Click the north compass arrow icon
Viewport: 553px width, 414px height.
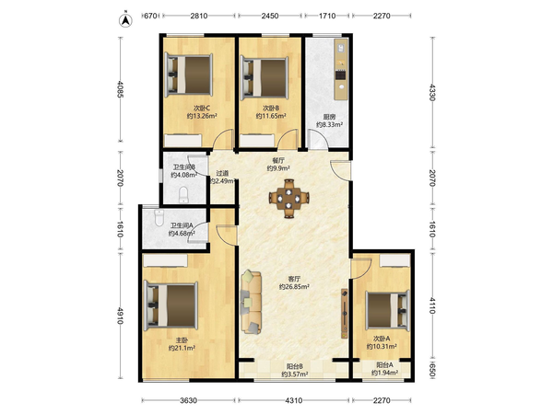tap(125, 20)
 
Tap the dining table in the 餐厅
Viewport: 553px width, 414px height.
tap(288, 199)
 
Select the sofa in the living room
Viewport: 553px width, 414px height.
tap(251, 302)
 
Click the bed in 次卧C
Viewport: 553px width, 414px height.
tap(189, 75)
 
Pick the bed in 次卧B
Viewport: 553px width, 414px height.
tap(265, 77)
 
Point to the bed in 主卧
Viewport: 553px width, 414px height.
tap(171, 305)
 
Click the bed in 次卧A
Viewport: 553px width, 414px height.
tap(387, 309)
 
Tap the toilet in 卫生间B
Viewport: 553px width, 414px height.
tap(183, 195)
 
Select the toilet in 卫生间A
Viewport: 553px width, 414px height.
tap(159, 217)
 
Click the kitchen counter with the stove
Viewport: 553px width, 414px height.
tap(341, 69)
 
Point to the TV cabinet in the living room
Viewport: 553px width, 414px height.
tap(345, 314)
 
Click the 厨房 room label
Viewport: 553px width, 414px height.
tap(329, 117)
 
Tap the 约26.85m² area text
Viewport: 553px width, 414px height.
tap(295, 287)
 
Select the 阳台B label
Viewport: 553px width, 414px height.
tap(295, 366)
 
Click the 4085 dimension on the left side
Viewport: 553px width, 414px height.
tap(120, 89)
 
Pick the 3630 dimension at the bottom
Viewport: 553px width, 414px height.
tap(188, 400)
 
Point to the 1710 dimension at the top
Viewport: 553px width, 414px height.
tap(327, 16)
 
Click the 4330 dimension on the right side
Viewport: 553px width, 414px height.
tap(432, 92)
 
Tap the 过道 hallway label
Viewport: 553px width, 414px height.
tap(222, 173)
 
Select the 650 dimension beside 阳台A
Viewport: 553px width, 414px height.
tap(432, 370)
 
